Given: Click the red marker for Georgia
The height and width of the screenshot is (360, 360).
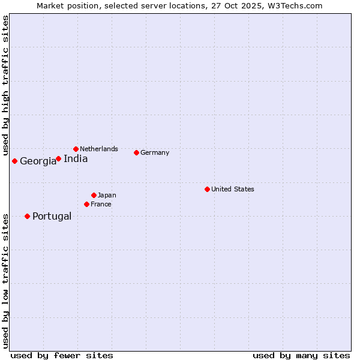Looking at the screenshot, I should (14, 161).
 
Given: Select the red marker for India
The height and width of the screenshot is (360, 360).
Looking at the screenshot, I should (58, 159).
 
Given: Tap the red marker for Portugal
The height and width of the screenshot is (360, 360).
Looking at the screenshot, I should (27, 216).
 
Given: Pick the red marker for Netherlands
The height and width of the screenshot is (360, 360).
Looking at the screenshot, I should (76, 149).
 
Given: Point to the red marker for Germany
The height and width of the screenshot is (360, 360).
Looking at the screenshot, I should (136, 152).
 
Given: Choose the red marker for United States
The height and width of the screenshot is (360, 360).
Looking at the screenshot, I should (207, 189).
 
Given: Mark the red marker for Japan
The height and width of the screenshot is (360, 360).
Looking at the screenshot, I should (94, 195).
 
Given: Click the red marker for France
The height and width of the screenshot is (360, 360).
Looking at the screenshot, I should (86, 204).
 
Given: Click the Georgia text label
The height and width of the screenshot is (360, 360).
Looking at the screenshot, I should (38, 161).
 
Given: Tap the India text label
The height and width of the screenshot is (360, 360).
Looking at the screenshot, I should (76, 159).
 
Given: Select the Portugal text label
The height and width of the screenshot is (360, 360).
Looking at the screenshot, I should (52, 216).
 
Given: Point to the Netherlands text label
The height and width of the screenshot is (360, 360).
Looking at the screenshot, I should (99, 149).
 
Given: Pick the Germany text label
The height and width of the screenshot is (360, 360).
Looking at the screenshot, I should (155, 152).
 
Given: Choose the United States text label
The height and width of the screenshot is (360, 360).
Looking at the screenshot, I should (233, 189).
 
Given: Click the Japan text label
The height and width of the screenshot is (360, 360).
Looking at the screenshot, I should (107, 195).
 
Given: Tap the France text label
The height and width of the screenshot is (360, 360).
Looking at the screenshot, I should (101, 204).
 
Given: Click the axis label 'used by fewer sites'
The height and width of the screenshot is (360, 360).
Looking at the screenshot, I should (62, 355).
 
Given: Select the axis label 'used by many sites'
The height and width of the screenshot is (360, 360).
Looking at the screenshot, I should (301, 355).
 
